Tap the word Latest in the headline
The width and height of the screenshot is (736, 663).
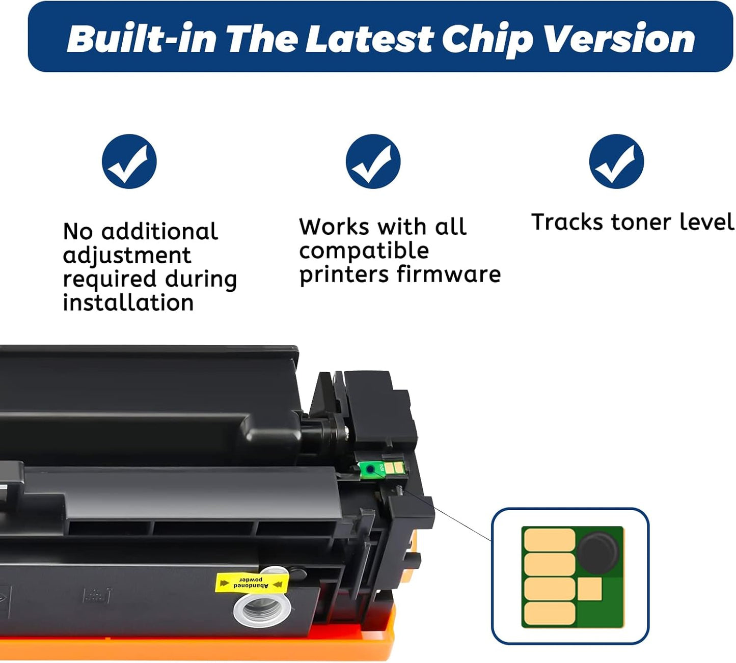(369, 39)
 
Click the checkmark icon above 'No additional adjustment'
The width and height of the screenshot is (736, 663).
(129, 161)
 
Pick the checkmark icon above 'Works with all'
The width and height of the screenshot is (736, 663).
(373, 161)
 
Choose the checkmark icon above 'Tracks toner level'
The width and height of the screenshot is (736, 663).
(616, 161)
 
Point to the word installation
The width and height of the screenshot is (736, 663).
(128, 303)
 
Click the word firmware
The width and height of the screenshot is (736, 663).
(449, 274)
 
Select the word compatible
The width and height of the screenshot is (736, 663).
(364, 251)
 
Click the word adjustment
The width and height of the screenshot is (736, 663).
(127, 255)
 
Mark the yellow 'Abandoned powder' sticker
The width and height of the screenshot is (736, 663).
(251, 583)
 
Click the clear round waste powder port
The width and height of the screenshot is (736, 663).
(262, 609)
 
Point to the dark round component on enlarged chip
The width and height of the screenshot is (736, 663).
(598, 551)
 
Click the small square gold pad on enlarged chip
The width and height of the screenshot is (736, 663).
(590, 589)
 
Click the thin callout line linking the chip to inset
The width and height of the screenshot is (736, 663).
(448, 515)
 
